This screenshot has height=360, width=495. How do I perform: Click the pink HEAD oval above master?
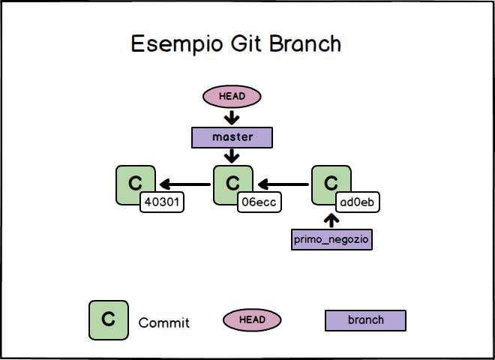(x=232, y=96)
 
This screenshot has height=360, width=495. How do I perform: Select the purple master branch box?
(x=232, y=137)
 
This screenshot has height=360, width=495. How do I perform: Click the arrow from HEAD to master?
(x=232, y=117)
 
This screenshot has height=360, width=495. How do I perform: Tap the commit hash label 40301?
(x=162, y=202)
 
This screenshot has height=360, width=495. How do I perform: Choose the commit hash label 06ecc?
(x=259, y=202)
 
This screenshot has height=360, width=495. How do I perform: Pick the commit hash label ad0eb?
(x=356, y=202)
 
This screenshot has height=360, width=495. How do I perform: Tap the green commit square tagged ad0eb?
(x=329, y=182)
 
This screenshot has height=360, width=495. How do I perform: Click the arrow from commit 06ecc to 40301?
(x=184, y=184)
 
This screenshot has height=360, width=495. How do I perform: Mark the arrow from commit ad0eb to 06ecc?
(x=282, y=184)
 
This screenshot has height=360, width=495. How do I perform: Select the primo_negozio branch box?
(x=331, y=239)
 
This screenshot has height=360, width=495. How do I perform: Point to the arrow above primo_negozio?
(x=332, y=220)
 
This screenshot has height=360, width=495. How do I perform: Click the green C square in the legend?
(x=108, y=319)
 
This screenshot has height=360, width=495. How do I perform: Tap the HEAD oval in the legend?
(x=251, y=320)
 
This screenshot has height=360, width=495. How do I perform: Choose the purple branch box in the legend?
(x=365, y=320)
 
